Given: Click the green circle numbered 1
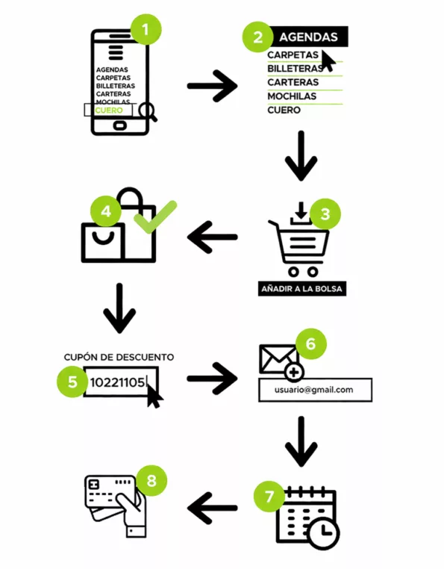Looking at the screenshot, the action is (146, 29).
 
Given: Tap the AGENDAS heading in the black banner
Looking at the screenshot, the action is (308, 37).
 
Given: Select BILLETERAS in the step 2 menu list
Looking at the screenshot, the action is (295, 68).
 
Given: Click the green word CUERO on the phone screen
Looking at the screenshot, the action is (109, 111).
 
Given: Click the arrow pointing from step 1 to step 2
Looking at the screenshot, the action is (212, 87).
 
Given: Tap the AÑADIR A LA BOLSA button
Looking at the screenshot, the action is (301, 289).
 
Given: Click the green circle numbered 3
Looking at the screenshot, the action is (325, 214).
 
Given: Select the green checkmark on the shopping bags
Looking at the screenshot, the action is (155, 217).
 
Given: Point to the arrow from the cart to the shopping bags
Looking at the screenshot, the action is (212, 237).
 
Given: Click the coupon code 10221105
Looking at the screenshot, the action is (117, 382).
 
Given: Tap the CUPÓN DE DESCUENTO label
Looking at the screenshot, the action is (119, 357).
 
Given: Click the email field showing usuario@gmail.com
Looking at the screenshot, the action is (315, 390).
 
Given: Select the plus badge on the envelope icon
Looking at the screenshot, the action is (294, 373).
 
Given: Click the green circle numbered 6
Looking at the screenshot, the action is (311, 344).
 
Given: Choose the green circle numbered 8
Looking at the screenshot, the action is (151, 481).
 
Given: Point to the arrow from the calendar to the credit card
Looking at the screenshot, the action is (212, 508).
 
